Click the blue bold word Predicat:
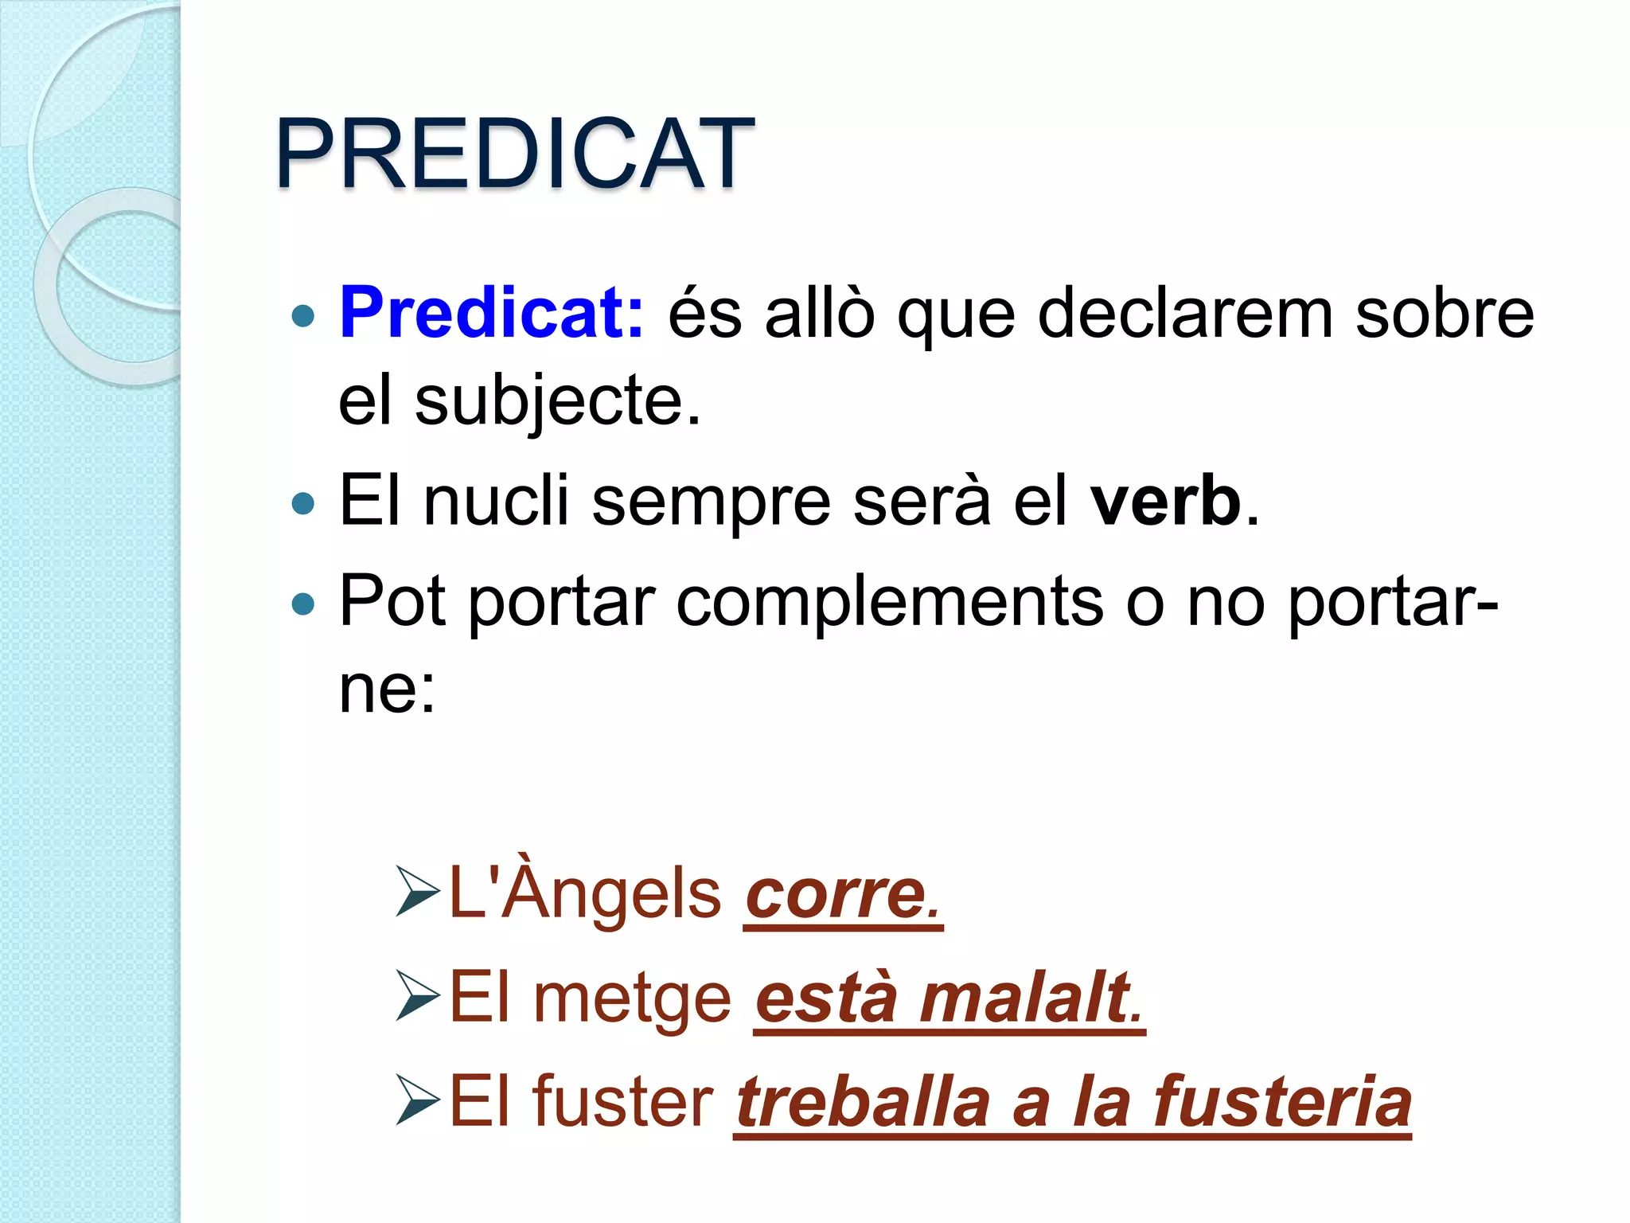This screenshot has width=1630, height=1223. (491, 313)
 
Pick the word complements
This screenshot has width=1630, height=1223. (889, 603)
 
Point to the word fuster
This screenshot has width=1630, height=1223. (623, 1102)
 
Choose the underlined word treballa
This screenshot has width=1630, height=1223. (864, 1102)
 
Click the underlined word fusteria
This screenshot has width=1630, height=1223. (1282, 1102)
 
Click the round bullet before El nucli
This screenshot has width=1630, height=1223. (303, 503)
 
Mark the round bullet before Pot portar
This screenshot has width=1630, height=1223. (303, 604)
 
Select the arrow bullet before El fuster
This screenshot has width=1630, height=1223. (418, 1104)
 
